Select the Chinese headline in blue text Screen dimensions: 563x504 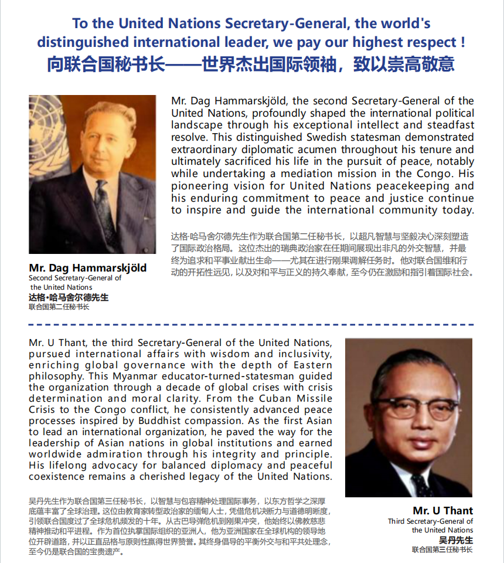point(251,63)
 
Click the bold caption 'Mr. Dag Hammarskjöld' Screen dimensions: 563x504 point(88,268)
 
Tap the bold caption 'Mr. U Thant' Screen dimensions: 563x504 point(442,510)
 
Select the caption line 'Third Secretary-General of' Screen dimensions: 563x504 point(430,521)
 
